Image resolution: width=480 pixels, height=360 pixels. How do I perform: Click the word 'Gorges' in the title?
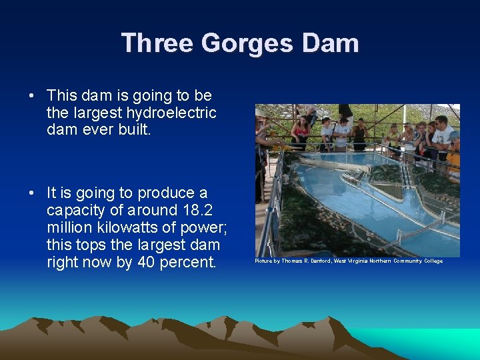tap(237, 43)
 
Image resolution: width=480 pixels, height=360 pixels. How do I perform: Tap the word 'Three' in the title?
tap(157, 43)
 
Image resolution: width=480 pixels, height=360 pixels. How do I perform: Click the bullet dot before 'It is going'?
tap(31, 193)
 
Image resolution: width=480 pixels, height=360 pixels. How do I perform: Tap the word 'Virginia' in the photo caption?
tap(362, 261)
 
